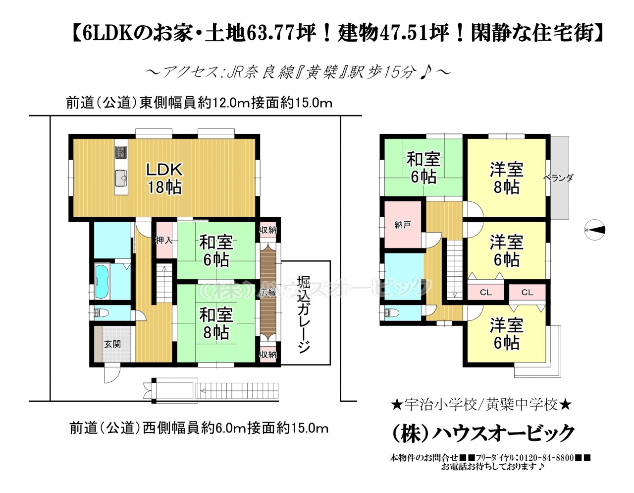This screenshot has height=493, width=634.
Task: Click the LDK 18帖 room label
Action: click(x=164, y=178)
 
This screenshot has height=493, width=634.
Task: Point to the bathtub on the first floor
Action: click(x=102, y=282)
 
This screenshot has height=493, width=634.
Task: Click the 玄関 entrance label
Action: click(x=112, y=344)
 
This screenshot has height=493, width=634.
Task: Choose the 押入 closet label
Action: click(x=164, y=240)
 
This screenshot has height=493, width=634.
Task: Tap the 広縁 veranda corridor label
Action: click(x=268, y=292)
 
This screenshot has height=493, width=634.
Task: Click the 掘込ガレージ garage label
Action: click(x=304, y=314)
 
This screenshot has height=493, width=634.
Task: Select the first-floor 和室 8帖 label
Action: click(x=216, y=323)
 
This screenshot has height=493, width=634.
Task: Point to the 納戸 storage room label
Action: click(x=402, y=225)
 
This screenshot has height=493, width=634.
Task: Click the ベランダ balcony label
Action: click(x=558, y=178)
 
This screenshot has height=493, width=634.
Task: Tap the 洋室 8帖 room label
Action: click(x=507, y=178)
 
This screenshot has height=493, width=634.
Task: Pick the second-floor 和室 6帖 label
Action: click(x=423, y=168)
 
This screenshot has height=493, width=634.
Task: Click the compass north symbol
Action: click(x=595, y=230)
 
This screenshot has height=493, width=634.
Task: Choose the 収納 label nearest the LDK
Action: click(x=268, y=230)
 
